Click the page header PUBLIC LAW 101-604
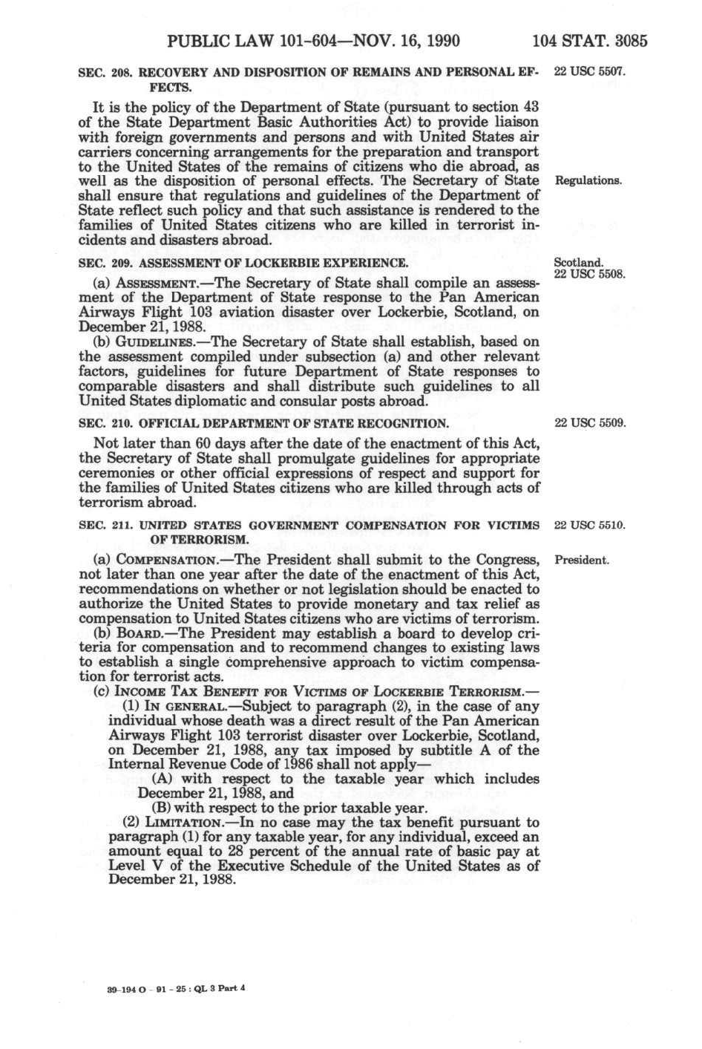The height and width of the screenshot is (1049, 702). pyautogui.click(x=314, y=40)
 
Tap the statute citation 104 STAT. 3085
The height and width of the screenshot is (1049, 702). pyautogui.click(x=590, y=40)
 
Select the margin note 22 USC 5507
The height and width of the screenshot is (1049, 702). pyautogui.click(x=590, y=73)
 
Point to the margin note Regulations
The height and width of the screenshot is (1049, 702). pyautogui.click(x=588, y=180)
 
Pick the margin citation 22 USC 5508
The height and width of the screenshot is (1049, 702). pyautogui.click(x=590, y=273)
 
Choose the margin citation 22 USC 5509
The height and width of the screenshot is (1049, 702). pyautogui.click(x=590, y=424)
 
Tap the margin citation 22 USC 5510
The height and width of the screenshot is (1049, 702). pyautogui.click(x=590, y=526)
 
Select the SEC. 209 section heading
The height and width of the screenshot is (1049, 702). pyautogui.click(x=243, y=263)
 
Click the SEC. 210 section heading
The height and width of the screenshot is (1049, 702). pyautogui.click(x=263, y=424)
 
